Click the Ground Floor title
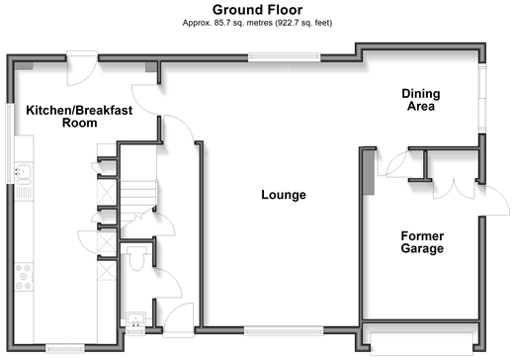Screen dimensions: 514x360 click(257, 10)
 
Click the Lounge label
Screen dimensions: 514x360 click(284, 195)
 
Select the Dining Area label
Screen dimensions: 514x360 click(421, 100)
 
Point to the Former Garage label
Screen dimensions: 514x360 click(422, 242)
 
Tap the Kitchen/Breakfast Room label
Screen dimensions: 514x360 click(79, 116)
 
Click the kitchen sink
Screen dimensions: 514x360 click(23, 174)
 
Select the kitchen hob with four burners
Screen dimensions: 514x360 click(24, 277)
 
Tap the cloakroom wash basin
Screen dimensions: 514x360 click(135, 318)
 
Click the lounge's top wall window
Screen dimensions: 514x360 click(284, 57)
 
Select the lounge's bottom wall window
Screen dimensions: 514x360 click(284, 330)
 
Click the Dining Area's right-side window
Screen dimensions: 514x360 click(482, 98)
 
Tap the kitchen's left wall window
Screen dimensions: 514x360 click(10, 143)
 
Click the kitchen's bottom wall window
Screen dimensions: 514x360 click(65, 348)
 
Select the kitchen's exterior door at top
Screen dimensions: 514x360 click(82, 68)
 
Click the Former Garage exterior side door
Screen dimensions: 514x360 click(494, 201)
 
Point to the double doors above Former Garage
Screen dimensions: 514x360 click(454, 189)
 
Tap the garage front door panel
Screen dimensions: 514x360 click(421, 344)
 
